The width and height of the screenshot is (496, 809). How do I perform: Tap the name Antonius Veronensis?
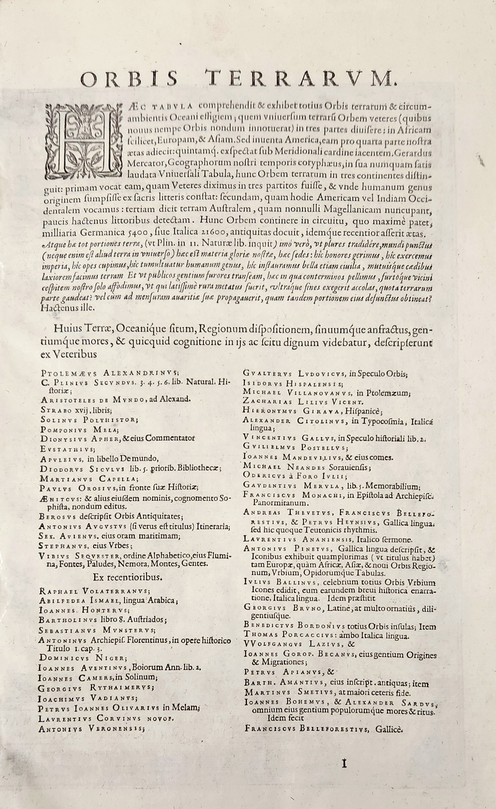point(91,729)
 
